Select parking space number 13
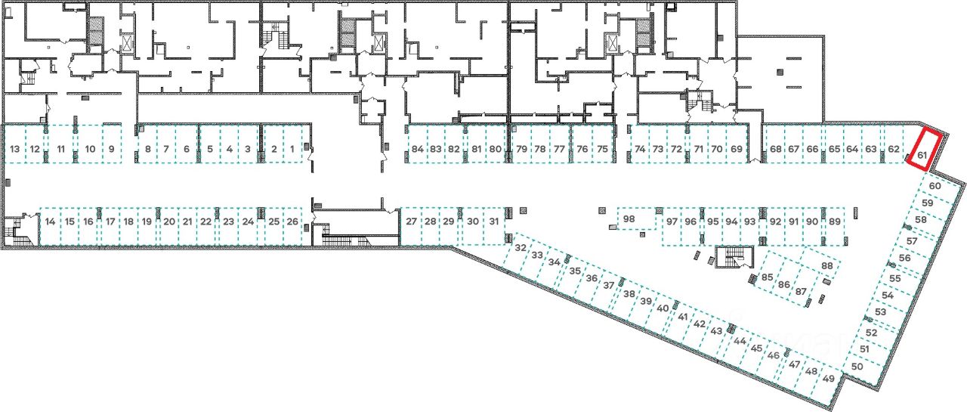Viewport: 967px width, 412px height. click(x=15, y=149)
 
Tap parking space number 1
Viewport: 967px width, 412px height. click(x=292, y=149)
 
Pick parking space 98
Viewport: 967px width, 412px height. click(x=629, y=219)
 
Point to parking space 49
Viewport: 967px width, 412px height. click(x=829, y=378)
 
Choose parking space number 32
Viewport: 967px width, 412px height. click(x=521, y=248)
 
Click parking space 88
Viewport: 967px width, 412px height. click(x=827, y=266)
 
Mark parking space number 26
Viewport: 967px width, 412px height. click(x=293, y=221)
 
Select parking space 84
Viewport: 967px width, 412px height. click(x=419, y=149)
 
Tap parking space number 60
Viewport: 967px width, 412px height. click(x=935, y=186)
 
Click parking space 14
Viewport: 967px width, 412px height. click(x=51, y=221)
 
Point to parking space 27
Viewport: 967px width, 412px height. click(x=411, y=221)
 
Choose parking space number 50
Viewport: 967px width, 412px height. click(x=857, y=367)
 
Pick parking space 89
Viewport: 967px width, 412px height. click(x=834, y=221)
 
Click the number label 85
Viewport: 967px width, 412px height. click(x=767, y=277)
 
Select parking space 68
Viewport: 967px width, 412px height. click(x=776, y=149)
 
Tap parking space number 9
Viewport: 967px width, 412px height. click(x=111, y=149)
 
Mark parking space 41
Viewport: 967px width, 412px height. click(x=683, y=317)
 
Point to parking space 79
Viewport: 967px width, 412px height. click(x=521, y=149)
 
